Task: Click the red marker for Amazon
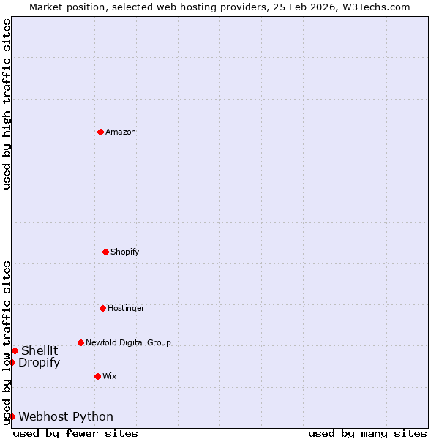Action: [x=100, y=132]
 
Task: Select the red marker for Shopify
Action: [x=105, y=252]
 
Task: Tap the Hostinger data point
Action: [x=102, y=308]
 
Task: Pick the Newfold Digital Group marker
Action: [x=80, y=342]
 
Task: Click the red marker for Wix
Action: [x=97, y=376]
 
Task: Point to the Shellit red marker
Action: [x=15, y=350]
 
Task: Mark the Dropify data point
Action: [x=12, y=362]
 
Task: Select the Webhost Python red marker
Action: [x=12, y=416]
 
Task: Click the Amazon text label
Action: [x=121, y=132]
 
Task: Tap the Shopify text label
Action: [x=125, y=252]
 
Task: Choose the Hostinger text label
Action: [x=126, y=308]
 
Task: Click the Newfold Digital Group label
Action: [x=128, y=342]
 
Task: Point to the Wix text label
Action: [x=110, y=376]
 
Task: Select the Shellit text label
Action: [x=40, y=350]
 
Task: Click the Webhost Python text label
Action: [x=66, y=416]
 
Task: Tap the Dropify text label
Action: [x=40, y=362]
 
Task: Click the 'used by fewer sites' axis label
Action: [x=75, y=433]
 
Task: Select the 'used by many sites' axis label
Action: [x=367, y=433]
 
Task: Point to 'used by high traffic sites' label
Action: [x=7, y=104]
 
